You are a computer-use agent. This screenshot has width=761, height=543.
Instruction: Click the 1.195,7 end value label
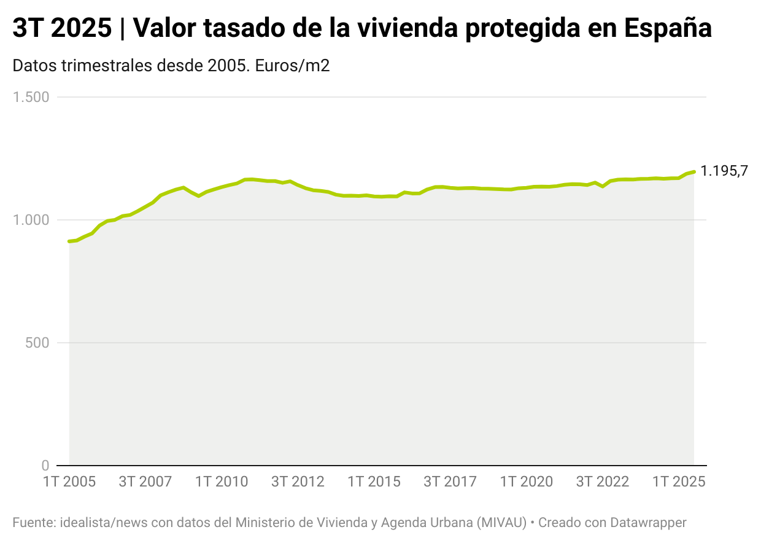724,171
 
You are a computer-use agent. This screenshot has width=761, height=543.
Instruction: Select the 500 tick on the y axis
41,343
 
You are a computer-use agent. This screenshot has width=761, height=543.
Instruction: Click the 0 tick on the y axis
45,465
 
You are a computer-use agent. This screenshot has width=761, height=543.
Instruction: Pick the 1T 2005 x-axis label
69,482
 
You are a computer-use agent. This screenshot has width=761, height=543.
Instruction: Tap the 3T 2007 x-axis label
145,482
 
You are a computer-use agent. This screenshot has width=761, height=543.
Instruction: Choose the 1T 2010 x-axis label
222,482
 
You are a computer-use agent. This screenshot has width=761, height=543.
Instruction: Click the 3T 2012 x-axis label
298,482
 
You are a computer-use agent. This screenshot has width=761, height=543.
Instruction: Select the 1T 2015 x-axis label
374,482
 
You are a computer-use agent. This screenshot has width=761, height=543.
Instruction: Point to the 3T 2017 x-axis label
450,482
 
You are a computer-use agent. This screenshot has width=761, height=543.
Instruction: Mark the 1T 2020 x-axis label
526,482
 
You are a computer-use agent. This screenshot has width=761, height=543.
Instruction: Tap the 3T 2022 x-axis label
602,482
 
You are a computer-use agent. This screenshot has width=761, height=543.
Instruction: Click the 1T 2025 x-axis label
678,482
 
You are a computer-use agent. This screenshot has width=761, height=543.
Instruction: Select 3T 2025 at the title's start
62,28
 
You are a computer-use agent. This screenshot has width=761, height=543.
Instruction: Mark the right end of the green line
693,172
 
